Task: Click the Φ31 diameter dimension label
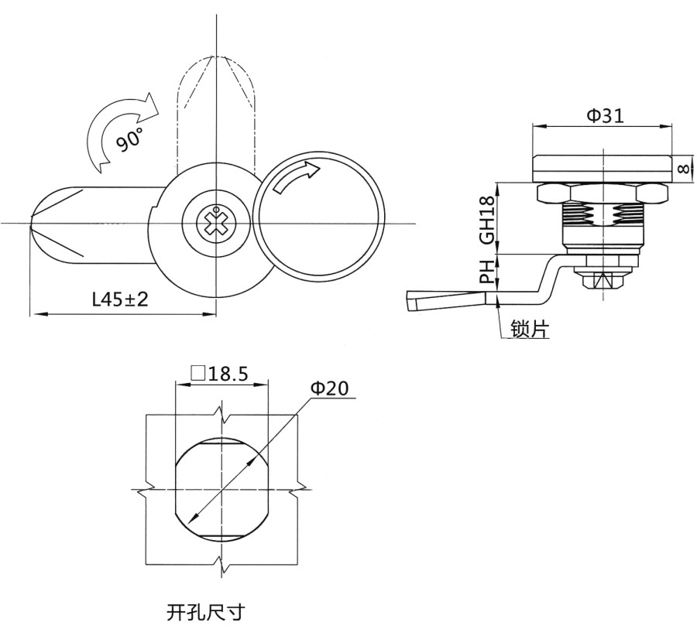[606, 115]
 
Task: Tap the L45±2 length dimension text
[120, 299]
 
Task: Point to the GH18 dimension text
[487, 221]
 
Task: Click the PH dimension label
[487, 272]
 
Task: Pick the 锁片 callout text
[530, 329]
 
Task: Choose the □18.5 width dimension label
[219, 374]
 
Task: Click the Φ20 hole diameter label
[329, 388]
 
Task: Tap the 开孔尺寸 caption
[206, 613]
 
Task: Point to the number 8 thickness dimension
[685, 169]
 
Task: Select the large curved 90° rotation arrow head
[149, 107]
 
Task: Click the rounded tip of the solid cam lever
[32, 223]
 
